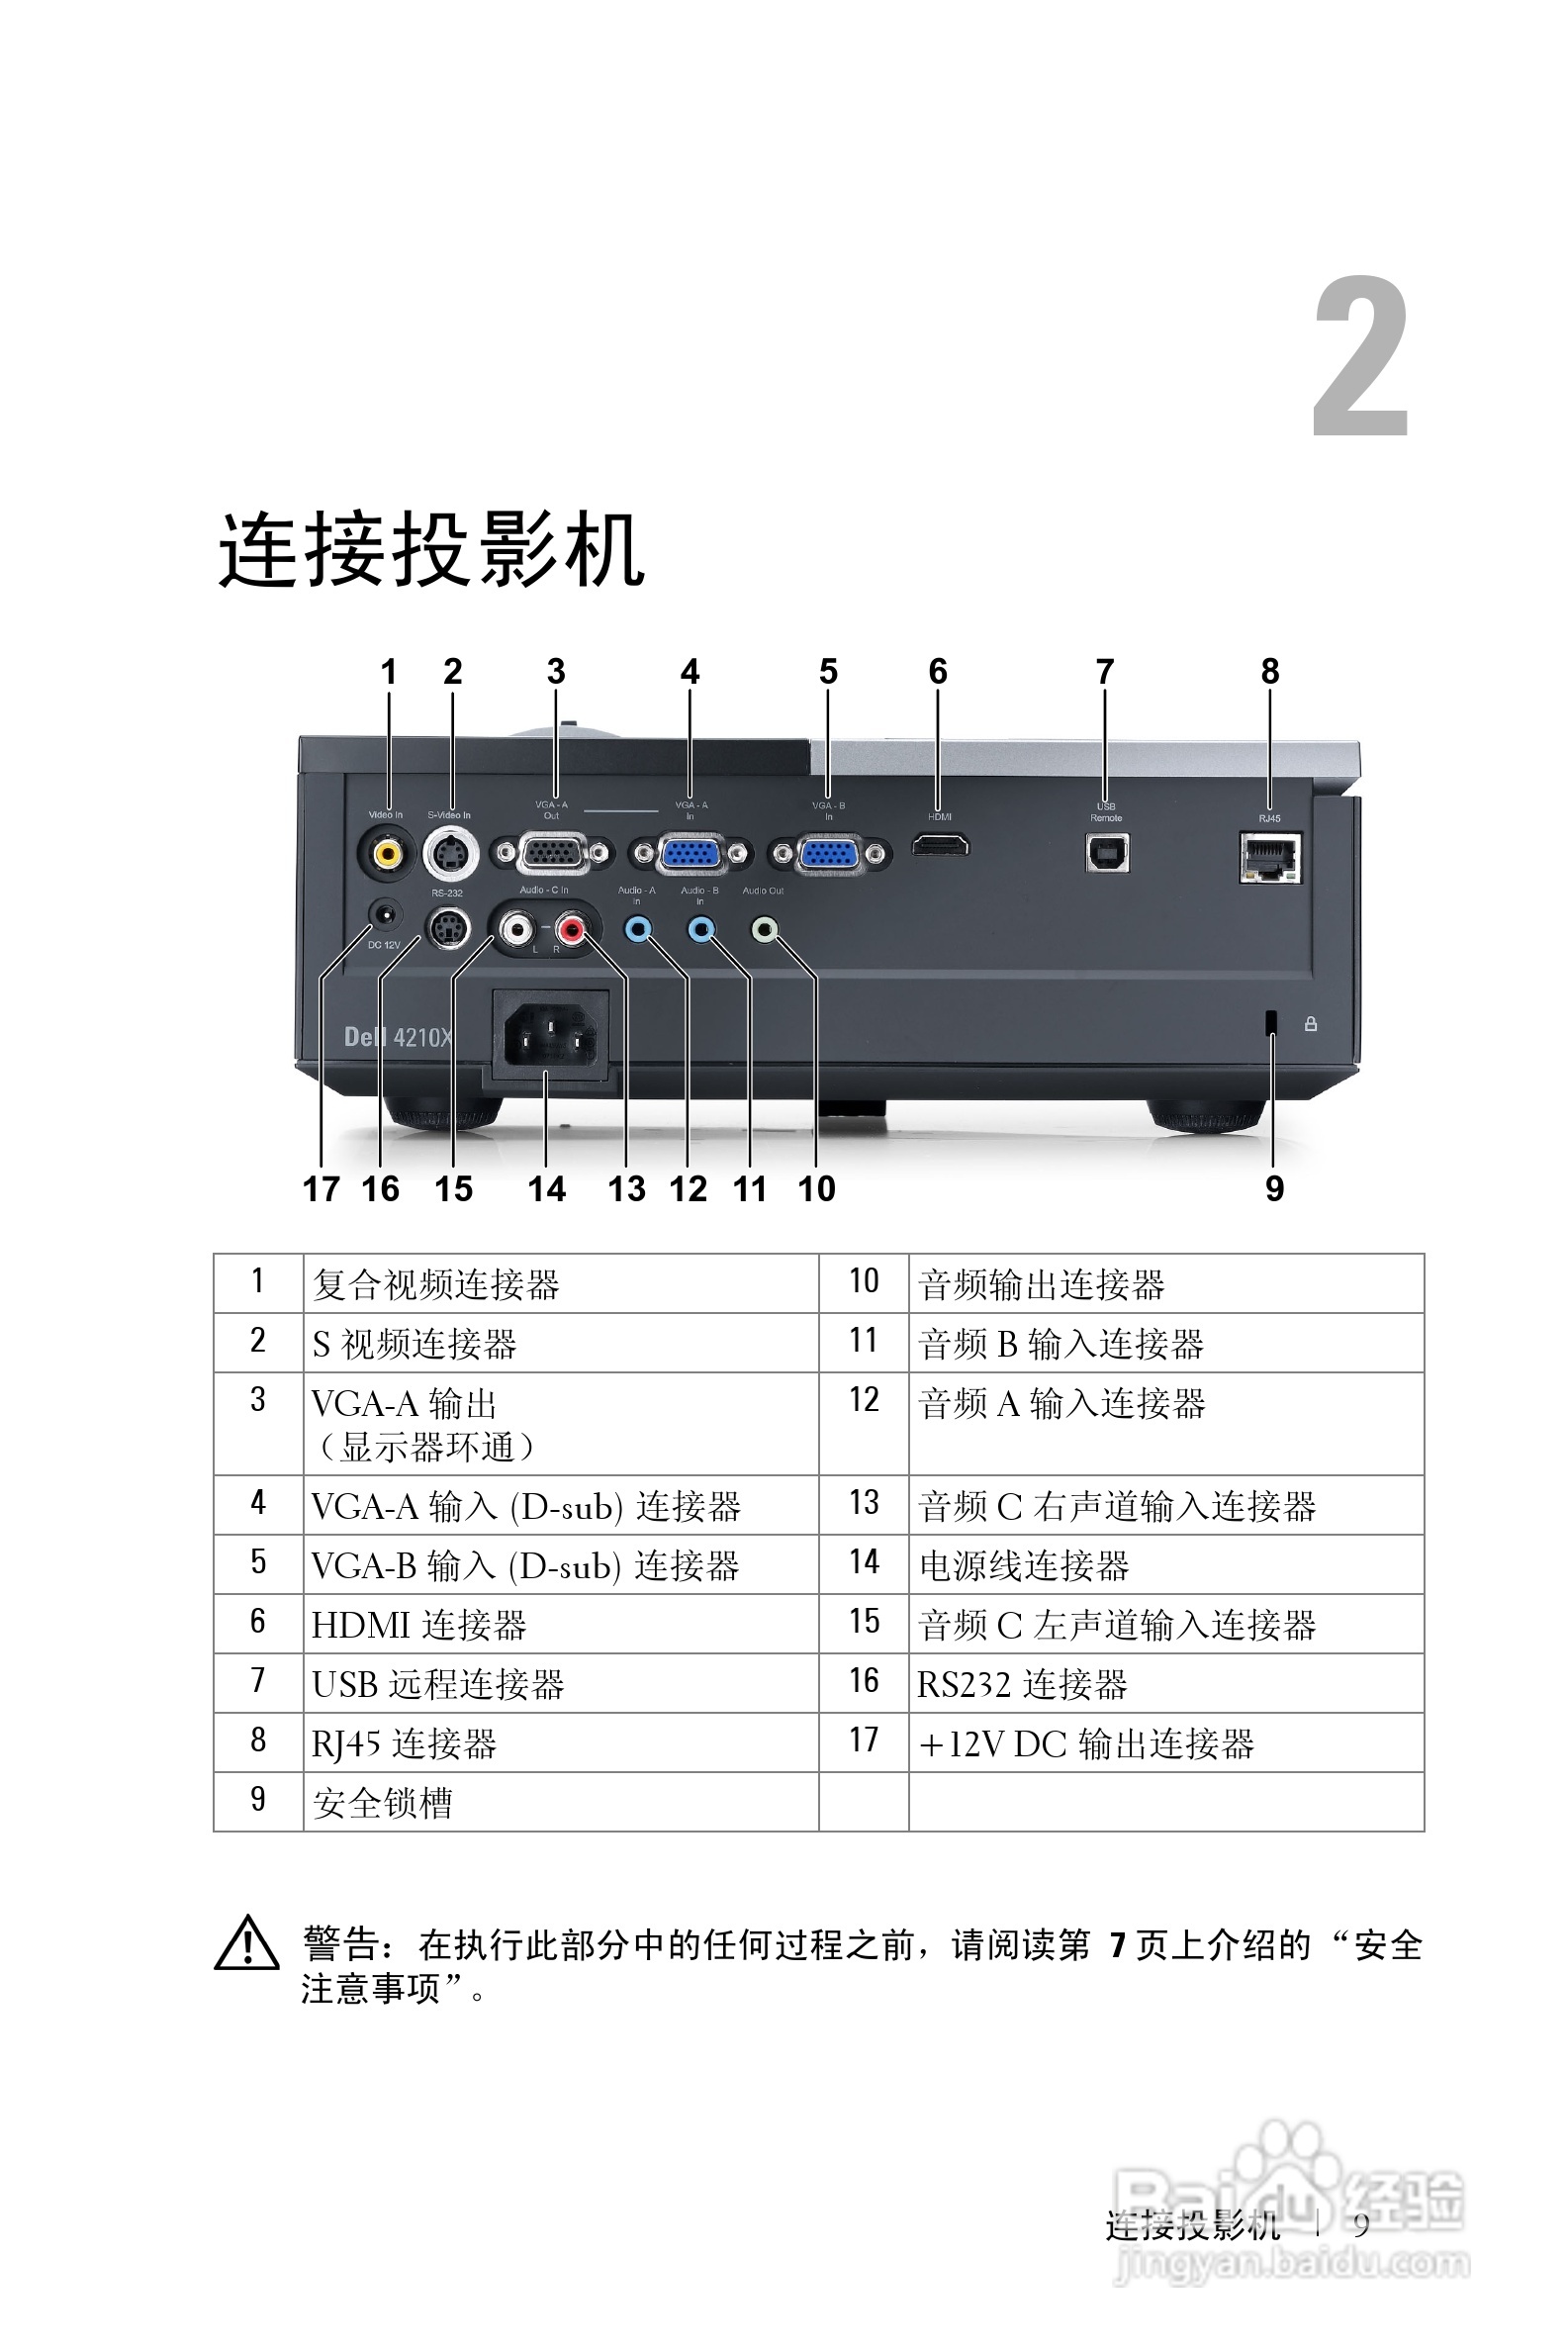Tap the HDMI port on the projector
940,848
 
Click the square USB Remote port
1106,853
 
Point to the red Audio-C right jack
571,930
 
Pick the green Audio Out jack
765,930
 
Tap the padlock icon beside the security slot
1310,1023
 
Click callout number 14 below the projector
547,1188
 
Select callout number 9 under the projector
1274,1188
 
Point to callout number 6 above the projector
938,672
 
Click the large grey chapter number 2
1360,357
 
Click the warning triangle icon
246,1944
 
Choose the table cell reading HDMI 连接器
561,1625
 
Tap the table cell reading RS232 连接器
1165,1684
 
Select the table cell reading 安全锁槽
561,1803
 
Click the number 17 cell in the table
864,1742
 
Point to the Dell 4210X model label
398,1037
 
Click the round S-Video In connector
451,854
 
